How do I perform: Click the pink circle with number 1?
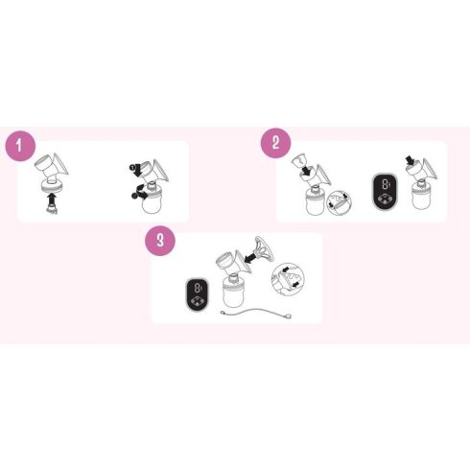(20, 146)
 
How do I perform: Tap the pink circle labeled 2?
(276, 143)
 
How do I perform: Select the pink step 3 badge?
(160, 241)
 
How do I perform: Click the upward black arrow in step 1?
(51, 199)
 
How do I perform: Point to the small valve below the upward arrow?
(52, 210)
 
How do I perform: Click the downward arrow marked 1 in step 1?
(136, 170)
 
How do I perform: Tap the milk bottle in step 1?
(152, 203)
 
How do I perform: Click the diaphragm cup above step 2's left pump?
(298, 159)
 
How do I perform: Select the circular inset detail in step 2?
(340, 202)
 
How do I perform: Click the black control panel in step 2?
(385, 192)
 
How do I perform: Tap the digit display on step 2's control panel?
(386, 184)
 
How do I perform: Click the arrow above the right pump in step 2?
(410, 159)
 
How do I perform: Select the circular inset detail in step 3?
(288, 279)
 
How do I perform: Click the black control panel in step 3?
(198, 294)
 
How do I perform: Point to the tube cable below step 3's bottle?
(256, 314)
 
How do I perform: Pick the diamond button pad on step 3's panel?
(197, 301)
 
